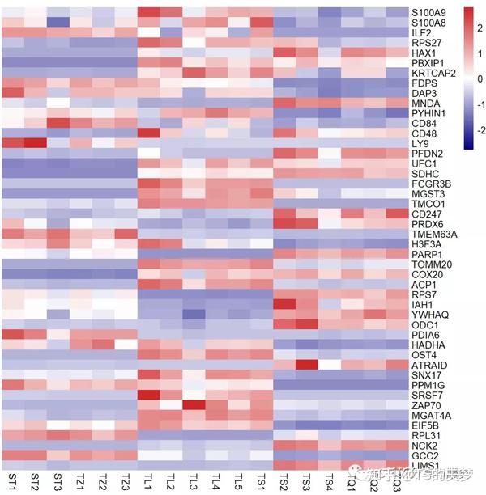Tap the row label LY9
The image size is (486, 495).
pos(420,143)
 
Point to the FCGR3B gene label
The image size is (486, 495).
pos(431,184)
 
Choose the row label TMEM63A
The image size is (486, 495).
pos(435,234)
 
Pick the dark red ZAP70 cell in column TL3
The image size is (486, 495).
pos(194,404)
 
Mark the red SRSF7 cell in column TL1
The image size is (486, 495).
pos(148,395)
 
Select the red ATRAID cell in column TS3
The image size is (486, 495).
pos(306,364)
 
